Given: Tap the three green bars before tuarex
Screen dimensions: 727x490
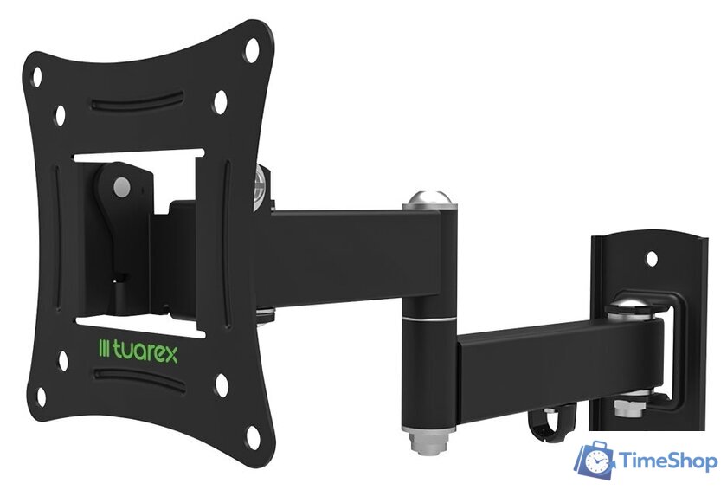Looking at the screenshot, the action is click(x=105, y=349).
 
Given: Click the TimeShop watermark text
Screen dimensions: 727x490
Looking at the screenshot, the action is click(x=668, y=461).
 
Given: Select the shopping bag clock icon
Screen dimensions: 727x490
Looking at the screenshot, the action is click(x=595, y=461).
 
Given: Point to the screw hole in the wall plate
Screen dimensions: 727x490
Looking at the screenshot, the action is click(x=652, y=259).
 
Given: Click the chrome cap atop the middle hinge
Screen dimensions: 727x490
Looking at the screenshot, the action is click(x=429, y=198).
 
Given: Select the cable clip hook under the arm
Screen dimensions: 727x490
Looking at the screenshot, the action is click(x=552, y=422).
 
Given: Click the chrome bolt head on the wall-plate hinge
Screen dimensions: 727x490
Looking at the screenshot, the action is click(x=630, y=306).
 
